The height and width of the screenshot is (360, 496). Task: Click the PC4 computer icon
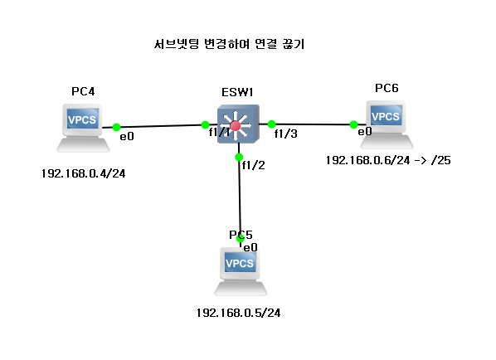pos(83,128)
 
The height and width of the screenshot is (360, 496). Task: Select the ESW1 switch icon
pos(238,124)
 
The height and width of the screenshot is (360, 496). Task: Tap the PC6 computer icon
pos(387,124)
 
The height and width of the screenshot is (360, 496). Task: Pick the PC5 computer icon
pos(241,271)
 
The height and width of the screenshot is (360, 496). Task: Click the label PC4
pos(83,91)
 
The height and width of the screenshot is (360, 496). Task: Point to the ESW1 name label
pos(237,92)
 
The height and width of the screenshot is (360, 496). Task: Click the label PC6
pos(387,88)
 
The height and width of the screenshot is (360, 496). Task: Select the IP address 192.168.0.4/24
pos(83,173)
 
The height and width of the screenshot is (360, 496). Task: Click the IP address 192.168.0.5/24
pos(238,313)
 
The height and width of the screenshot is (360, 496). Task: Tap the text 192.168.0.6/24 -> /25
pos(388,160)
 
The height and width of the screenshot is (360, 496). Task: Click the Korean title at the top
pos(229,44)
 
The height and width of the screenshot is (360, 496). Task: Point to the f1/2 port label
pos(253,165)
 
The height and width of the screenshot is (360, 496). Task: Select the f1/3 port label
pos(285,134)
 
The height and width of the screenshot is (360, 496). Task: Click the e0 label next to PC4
pos(127,136)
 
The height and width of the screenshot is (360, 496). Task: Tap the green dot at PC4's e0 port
pos(116,127)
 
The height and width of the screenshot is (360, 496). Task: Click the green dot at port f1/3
pos(271,124)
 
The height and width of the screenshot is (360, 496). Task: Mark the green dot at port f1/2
pos(239,157)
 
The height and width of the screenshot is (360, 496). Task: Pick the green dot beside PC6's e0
pos(353,124)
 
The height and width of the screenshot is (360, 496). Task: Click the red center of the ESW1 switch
pos(236,126)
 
